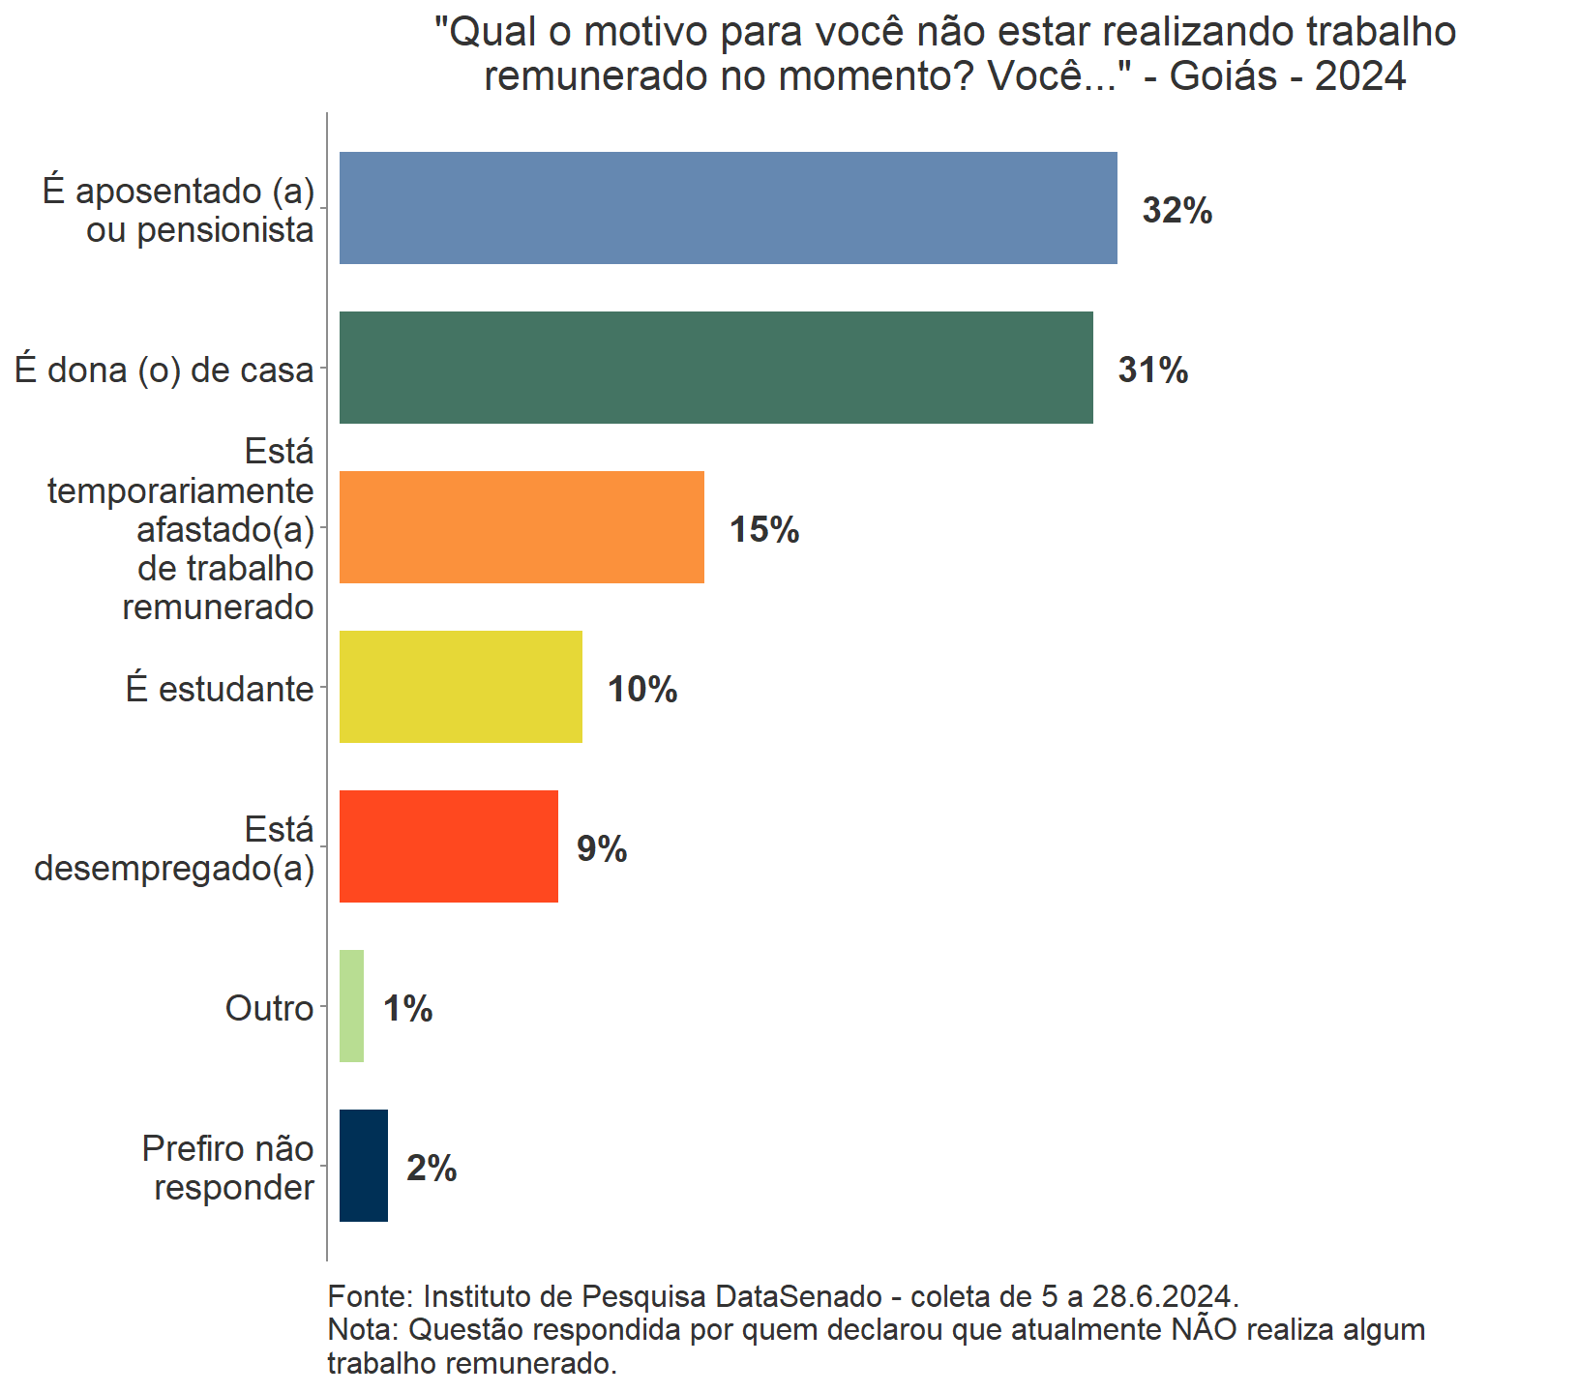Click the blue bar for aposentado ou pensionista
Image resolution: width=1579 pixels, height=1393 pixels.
[x=728, y=208]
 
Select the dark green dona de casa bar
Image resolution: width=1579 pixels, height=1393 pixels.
[x=716, y=368]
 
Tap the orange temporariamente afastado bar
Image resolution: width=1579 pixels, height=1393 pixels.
[x=521, y=527]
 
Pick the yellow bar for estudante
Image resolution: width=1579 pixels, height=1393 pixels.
[x=461, y=687]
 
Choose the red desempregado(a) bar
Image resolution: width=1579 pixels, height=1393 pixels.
[x=448, y=846]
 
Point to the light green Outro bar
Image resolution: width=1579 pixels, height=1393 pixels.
[x=352, y=1006]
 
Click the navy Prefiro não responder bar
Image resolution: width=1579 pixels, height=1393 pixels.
[x=364, y=1166]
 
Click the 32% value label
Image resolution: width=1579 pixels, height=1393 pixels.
[x=1177, y=210]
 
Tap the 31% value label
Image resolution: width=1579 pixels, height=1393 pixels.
[x=1152, y=370]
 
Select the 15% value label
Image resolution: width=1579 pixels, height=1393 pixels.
[x=763, y=529]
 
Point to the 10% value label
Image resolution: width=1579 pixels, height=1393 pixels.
[x=641, y=689]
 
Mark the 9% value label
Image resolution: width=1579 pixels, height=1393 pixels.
[x=602, y=848]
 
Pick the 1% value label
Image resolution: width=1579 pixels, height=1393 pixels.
[x=407, y=1009]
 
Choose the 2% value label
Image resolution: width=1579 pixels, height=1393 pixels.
[x=432, y=1168]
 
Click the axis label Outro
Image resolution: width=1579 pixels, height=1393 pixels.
[x=269, y=1008]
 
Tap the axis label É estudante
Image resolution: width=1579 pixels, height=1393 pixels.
[x=220, y=689]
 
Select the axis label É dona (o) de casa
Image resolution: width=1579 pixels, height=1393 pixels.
[x=164, y=370]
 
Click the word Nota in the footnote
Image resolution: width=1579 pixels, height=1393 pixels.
[x=360, y=1329]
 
